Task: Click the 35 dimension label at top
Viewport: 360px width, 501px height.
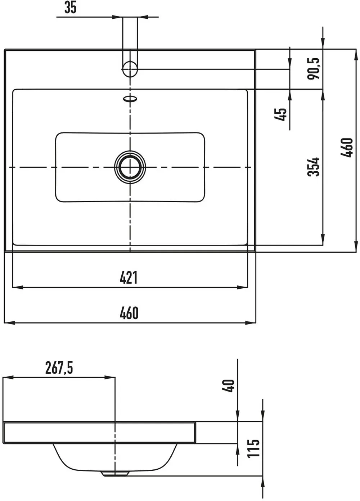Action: (70, 8)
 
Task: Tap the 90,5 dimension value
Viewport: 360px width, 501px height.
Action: (314, 69)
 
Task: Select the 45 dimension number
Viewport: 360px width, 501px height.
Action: (280, 114)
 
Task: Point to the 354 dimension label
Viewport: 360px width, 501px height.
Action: (313, 167)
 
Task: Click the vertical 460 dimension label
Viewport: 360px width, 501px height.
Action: (347, 148)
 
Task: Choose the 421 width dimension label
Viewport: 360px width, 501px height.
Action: (129, 277)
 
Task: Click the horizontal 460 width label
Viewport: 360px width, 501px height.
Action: (129, 313)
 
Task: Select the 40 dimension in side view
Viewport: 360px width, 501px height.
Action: (228, 386)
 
